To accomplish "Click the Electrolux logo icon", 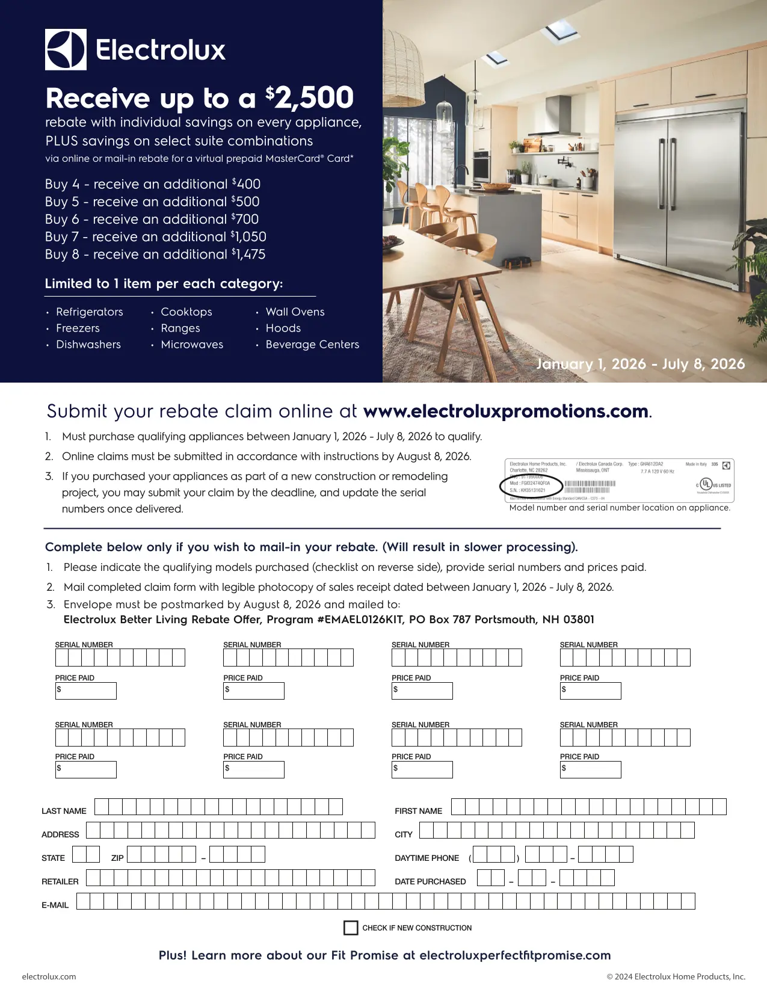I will coord(66,49).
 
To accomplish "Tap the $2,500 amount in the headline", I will coord(310,98).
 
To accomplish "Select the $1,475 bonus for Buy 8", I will coord(248,254).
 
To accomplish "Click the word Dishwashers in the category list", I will coord(88,345).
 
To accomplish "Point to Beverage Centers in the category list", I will coord(312,345).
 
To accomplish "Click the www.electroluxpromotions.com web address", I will coord(506,411).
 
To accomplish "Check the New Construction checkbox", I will coord(351,928).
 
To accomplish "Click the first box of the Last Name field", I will coord(102,807).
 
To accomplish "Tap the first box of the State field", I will coord(79,854).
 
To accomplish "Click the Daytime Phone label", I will coord(427,858).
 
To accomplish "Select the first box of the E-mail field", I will coord(84,901).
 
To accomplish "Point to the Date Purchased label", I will coord(430,882).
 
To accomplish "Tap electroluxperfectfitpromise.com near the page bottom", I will coord(515,955).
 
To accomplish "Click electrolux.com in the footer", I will coord(49,976).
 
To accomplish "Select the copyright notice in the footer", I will coord(676,976).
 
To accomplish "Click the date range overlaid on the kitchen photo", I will coord(640,364).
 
